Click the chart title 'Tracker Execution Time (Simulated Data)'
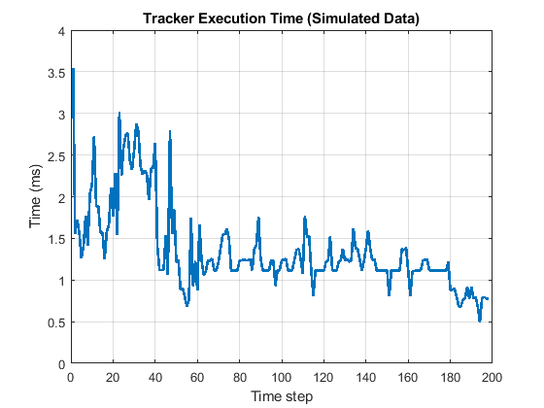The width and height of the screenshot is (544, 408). tap(281, 17)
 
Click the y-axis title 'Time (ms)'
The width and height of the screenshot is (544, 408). tap(36, 198)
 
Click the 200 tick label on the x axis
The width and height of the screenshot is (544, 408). tap(492, 376)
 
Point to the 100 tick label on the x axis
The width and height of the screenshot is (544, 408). tap(282, 376)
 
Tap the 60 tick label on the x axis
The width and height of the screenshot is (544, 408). tap(197, 376)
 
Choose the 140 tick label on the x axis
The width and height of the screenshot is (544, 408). tap(365, 376)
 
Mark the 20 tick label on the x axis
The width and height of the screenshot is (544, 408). tap(114, 376)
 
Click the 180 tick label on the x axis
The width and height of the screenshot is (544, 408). tap(450, 376)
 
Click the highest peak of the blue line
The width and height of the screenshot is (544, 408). tap(73, 69)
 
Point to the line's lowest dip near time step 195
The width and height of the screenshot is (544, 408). tap(480, 321)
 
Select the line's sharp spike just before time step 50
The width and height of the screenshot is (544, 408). tap(170, 129)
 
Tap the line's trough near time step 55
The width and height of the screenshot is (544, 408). tap(187, 305)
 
